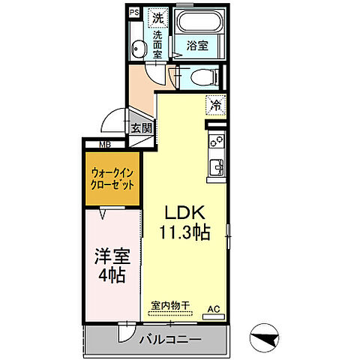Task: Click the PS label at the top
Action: pos(134,13)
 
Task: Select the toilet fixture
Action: pos(199,75)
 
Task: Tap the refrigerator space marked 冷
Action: pos(216,106)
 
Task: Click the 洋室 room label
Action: pos(111,256)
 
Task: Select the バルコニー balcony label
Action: pos(170,340)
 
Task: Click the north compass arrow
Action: pos(264,337)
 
